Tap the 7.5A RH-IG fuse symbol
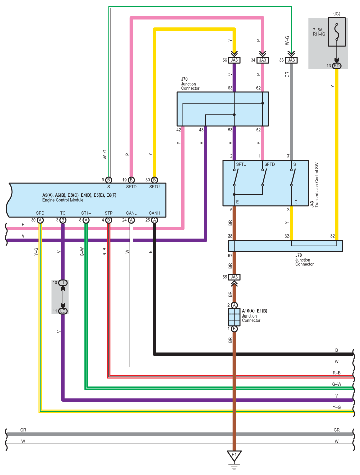tap(337, 32)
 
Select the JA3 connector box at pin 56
tap(234, 60)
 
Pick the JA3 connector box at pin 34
tap(262, 60)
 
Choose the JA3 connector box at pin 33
tap(291, 60)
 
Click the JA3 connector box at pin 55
tap(234, 277)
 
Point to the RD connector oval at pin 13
tap(337, 66)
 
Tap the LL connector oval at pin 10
tap(63, 283)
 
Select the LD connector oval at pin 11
tap(63, 311)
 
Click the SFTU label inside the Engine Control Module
tap(154, 187)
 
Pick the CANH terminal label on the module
tap(154, 213)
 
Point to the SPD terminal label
tap(40, 213)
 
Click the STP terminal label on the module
tap(108, 213)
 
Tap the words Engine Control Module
tap(63, 200)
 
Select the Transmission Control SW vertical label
tap(317, 185)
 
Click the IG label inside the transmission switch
tap(295, 202)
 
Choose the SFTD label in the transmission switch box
tap(269, 164)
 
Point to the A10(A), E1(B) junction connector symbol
tap(234, 317)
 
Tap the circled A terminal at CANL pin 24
tap(131, 220)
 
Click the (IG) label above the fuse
tap(337, 14)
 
